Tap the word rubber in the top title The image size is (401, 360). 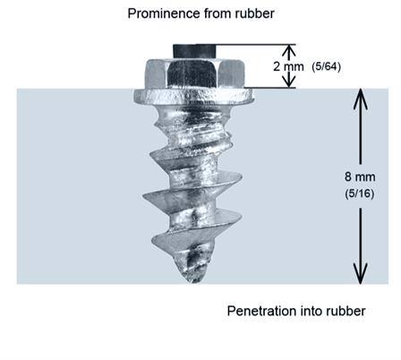(255, 13)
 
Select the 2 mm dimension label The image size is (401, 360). (288, 66)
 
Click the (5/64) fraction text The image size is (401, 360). (326, 66)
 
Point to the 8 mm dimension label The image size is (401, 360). (360, 176)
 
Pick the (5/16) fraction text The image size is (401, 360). (360, 193)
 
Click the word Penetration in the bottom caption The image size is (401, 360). (262, 311)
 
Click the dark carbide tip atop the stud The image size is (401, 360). (194, 51)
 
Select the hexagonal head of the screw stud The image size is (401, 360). (194, 73)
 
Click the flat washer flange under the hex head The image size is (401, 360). (193, 97)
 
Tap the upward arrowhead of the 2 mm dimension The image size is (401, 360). (289, 50)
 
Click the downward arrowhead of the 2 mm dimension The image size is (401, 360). (289, 81)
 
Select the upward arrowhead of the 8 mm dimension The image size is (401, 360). (361, 99)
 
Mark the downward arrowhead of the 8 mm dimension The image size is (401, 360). (361, 273)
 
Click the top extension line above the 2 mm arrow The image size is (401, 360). (256, 45)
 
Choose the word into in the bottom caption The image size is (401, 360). (311, 311)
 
